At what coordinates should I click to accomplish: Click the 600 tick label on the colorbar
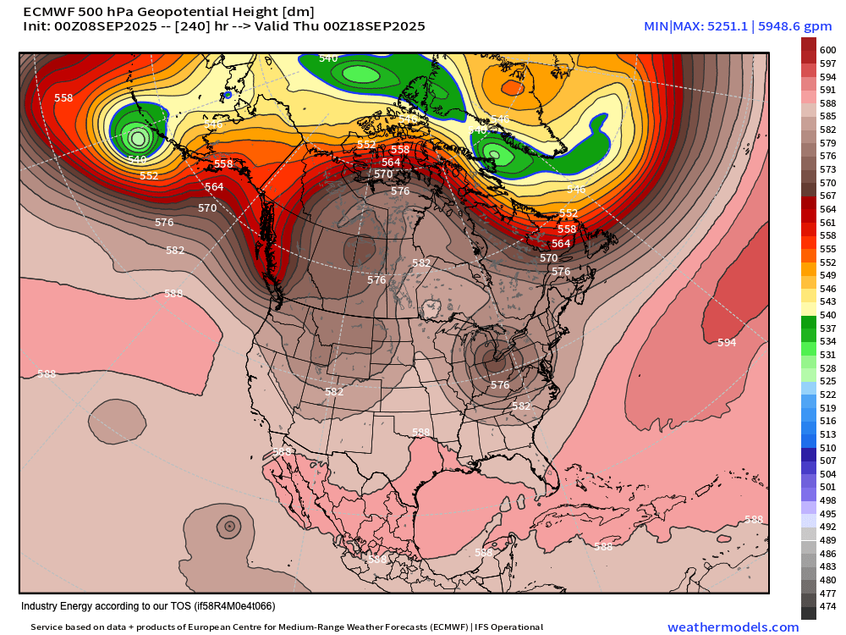click(x=827, y=51)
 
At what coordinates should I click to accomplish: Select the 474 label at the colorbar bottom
click(x=827, y=605)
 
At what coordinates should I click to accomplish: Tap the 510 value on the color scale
click(x=827, y=447)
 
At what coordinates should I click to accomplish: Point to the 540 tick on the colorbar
click(x=827, y=315)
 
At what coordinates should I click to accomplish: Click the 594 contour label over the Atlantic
click(x=726, y=343)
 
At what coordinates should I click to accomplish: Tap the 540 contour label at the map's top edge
click(x=328, y=58)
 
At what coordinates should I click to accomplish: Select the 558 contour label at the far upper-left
click(x=63, y=98)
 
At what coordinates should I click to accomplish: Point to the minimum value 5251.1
click(x=725, y=27)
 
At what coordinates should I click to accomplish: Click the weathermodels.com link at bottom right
click(x=733, y=627)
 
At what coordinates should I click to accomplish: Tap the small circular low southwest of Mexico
click(x=228, y=527)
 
